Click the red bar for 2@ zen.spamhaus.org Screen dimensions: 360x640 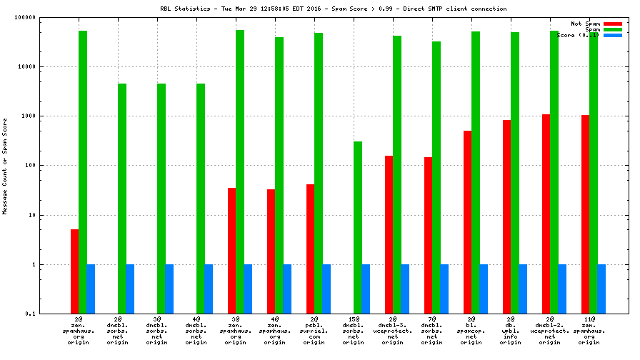pos(75,271)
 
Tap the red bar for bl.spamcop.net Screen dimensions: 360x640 pos(468,222)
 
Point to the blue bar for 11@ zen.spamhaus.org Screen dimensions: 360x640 pos(601,289)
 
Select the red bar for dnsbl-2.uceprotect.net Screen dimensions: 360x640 pos(546,214)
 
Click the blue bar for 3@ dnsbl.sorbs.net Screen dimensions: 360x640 pos(169,289)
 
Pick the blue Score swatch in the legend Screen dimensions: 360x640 pos(613,35)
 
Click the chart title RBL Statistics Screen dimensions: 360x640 pos(334,9)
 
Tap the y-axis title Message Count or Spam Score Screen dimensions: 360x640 pos(5,166)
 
